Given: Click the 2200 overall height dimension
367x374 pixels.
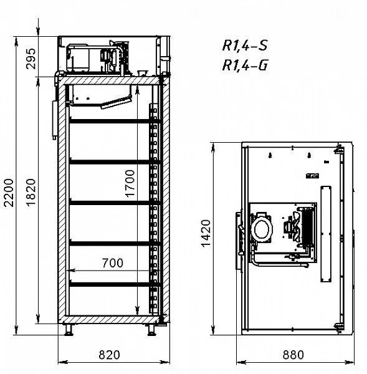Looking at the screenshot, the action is (9, 193).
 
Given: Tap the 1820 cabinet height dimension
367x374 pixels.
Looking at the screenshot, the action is (31, 192).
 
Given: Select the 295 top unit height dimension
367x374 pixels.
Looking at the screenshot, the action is (31, 59).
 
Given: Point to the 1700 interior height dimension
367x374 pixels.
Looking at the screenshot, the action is (130, 183).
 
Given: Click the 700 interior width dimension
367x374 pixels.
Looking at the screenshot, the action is (113, 263).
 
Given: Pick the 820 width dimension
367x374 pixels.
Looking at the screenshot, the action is (109, 355).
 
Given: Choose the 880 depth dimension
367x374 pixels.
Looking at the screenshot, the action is (293, 355).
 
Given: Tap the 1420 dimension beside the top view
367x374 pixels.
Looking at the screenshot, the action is (206, 234).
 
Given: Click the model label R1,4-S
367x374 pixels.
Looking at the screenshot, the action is (245, 46).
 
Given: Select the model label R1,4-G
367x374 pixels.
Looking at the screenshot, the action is (245, 65).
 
